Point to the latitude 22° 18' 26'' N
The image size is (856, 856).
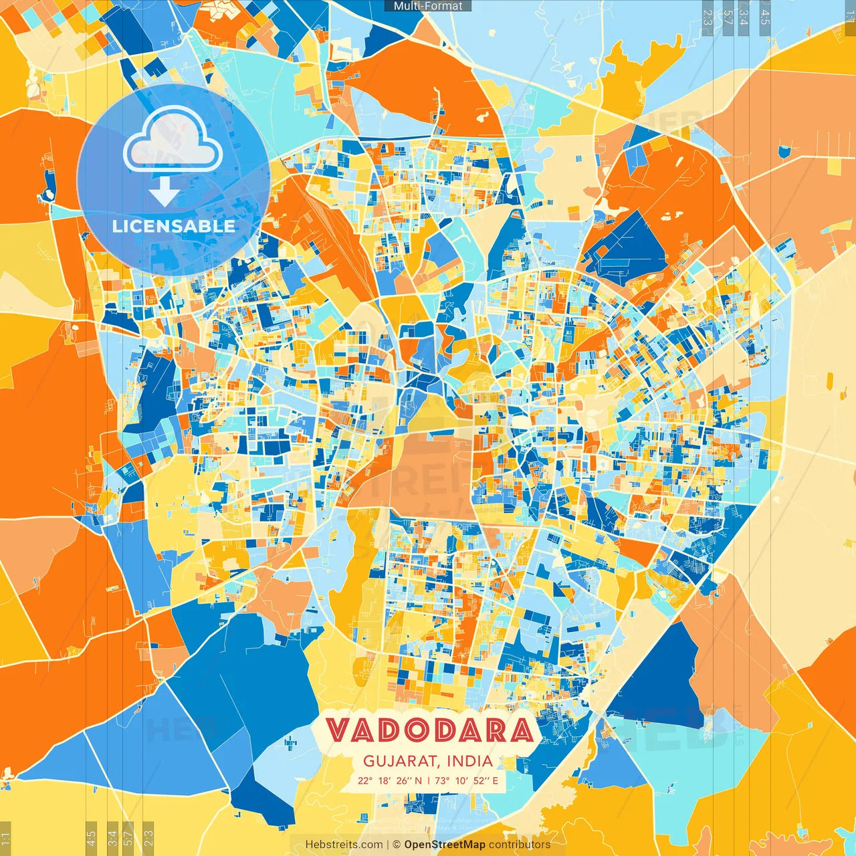coord(390,780)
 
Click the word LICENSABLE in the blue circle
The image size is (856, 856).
coord(174,226)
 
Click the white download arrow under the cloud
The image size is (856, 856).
coord(165,193)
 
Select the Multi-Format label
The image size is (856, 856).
coord(428,6)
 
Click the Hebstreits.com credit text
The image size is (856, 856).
coord(344,845)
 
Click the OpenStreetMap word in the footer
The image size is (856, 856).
coord(444,845)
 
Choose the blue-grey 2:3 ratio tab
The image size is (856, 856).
coord(707,15)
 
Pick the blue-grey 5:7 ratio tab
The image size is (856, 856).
coord(728,15)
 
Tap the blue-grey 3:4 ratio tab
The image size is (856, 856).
coord(744,15)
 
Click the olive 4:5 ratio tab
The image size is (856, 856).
coord(92,838)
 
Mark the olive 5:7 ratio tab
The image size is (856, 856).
coord(128,838)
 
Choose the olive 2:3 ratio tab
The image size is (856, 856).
coord(148,838)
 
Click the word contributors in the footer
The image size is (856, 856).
coord(520,845)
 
